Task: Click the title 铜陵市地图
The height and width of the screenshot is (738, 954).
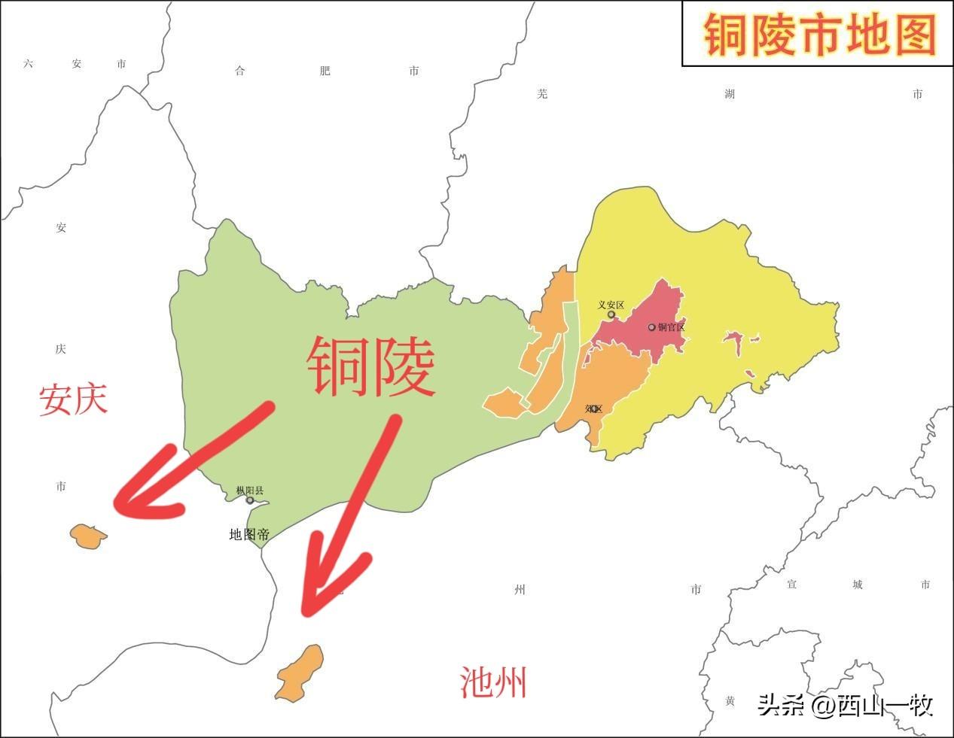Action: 819,35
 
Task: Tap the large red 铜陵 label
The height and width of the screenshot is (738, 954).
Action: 370,367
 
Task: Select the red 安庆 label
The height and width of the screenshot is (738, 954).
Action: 73,399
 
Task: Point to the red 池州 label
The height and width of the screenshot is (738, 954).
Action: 493,682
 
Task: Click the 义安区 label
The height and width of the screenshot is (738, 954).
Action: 611,305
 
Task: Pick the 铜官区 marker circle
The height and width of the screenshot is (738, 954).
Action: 652,327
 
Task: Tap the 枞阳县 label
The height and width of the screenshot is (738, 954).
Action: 250,490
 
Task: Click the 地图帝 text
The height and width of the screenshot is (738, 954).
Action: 249,535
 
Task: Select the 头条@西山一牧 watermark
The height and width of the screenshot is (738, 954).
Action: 846,705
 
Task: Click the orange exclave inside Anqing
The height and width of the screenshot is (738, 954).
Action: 88,536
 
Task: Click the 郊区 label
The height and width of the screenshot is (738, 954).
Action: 593,408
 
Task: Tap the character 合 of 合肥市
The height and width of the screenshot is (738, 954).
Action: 240,71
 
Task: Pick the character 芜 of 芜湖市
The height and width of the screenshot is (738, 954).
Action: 543,94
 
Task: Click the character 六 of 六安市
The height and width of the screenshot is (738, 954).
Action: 29,64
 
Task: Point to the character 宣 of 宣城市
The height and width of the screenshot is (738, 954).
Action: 791,585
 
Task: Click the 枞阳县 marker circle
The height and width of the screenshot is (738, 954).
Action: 250,500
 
